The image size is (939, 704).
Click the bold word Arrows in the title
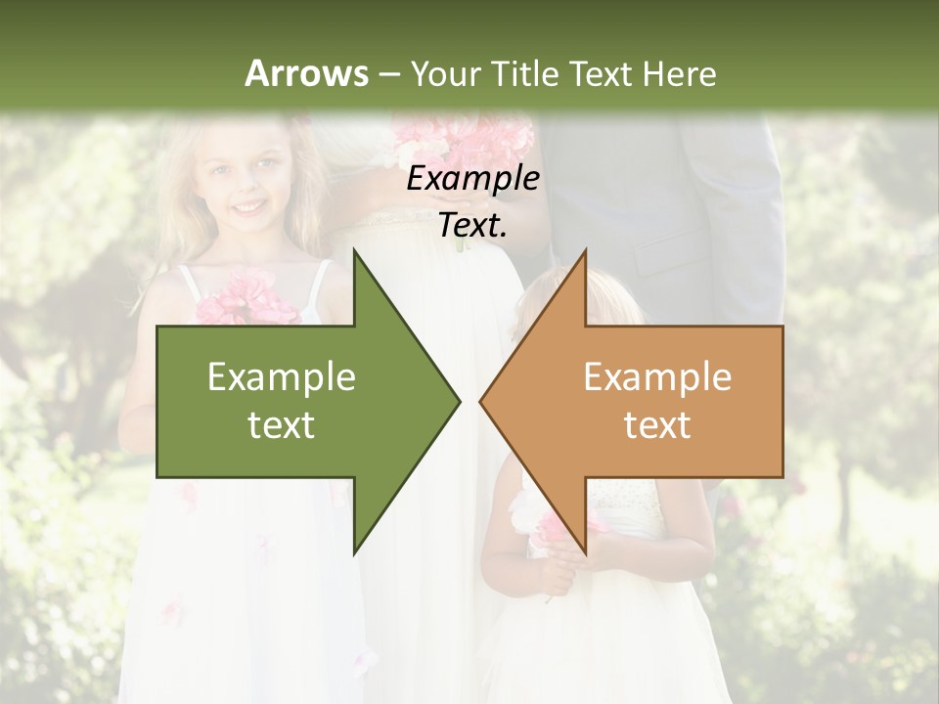click(306, 73)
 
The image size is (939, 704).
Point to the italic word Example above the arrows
click(472, 178)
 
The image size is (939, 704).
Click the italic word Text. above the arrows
click(472, 226)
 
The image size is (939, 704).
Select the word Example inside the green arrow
click(282, 377)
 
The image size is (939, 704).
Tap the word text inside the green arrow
click(282, 425)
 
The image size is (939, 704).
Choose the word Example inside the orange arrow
click(657, 377)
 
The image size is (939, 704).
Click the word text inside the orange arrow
click(657, 425)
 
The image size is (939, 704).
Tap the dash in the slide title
click(388, 74)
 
